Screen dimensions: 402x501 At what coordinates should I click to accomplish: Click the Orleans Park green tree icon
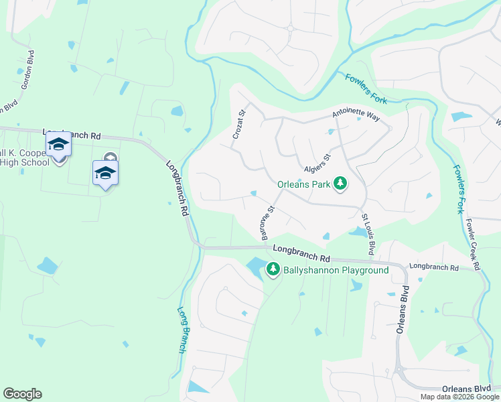coord(340,183)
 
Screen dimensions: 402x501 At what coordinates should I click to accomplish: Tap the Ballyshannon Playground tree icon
coord(273,269)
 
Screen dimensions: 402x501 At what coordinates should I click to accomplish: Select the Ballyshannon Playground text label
coord(336,270)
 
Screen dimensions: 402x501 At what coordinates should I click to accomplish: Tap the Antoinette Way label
coord(356,116)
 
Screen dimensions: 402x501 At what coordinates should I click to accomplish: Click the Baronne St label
coord(268,223)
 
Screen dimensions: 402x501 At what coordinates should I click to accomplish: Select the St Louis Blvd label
coord(368,234)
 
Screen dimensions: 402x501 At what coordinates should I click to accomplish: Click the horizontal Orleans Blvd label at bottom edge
coord(466,389)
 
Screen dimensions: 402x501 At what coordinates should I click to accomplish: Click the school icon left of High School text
coord(58,145)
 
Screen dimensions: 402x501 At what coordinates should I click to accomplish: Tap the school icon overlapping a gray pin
coord(105,173)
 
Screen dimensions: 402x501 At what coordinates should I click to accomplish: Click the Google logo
coord(22,394)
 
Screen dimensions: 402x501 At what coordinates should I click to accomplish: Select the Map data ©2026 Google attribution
coord(459,397)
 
